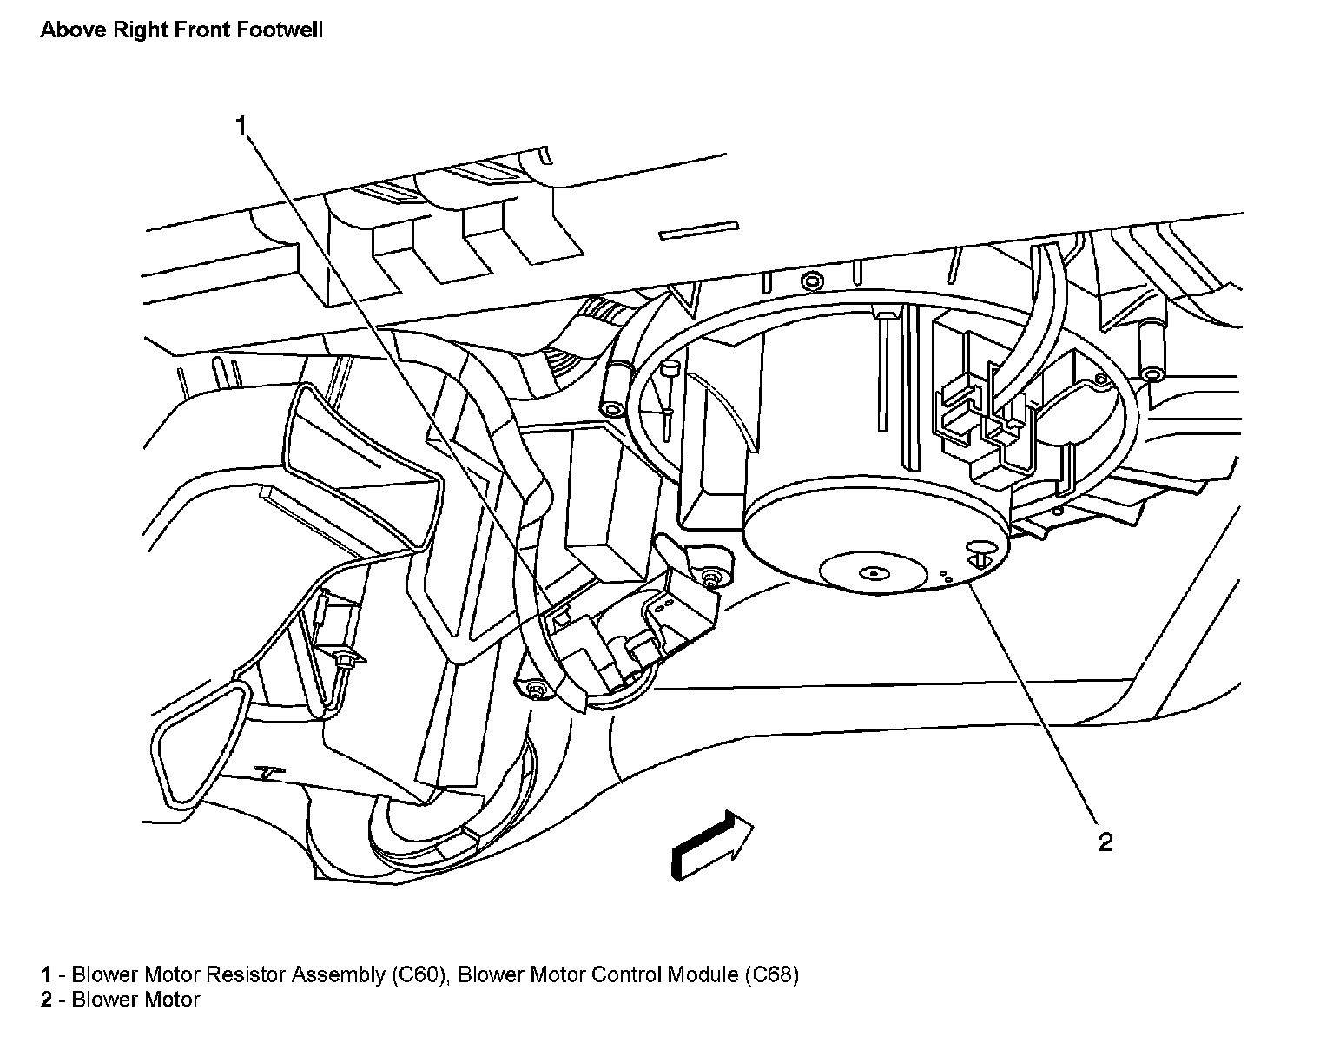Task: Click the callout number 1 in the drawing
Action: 242,127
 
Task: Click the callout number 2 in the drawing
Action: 1105,841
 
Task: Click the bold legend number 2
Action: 45,1000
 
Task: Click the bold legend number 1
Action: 45,974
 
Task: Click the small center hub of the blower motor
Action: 871,573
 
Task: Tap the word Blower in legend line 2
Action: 102,1000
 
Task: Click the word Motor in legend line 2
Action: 172,1000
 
